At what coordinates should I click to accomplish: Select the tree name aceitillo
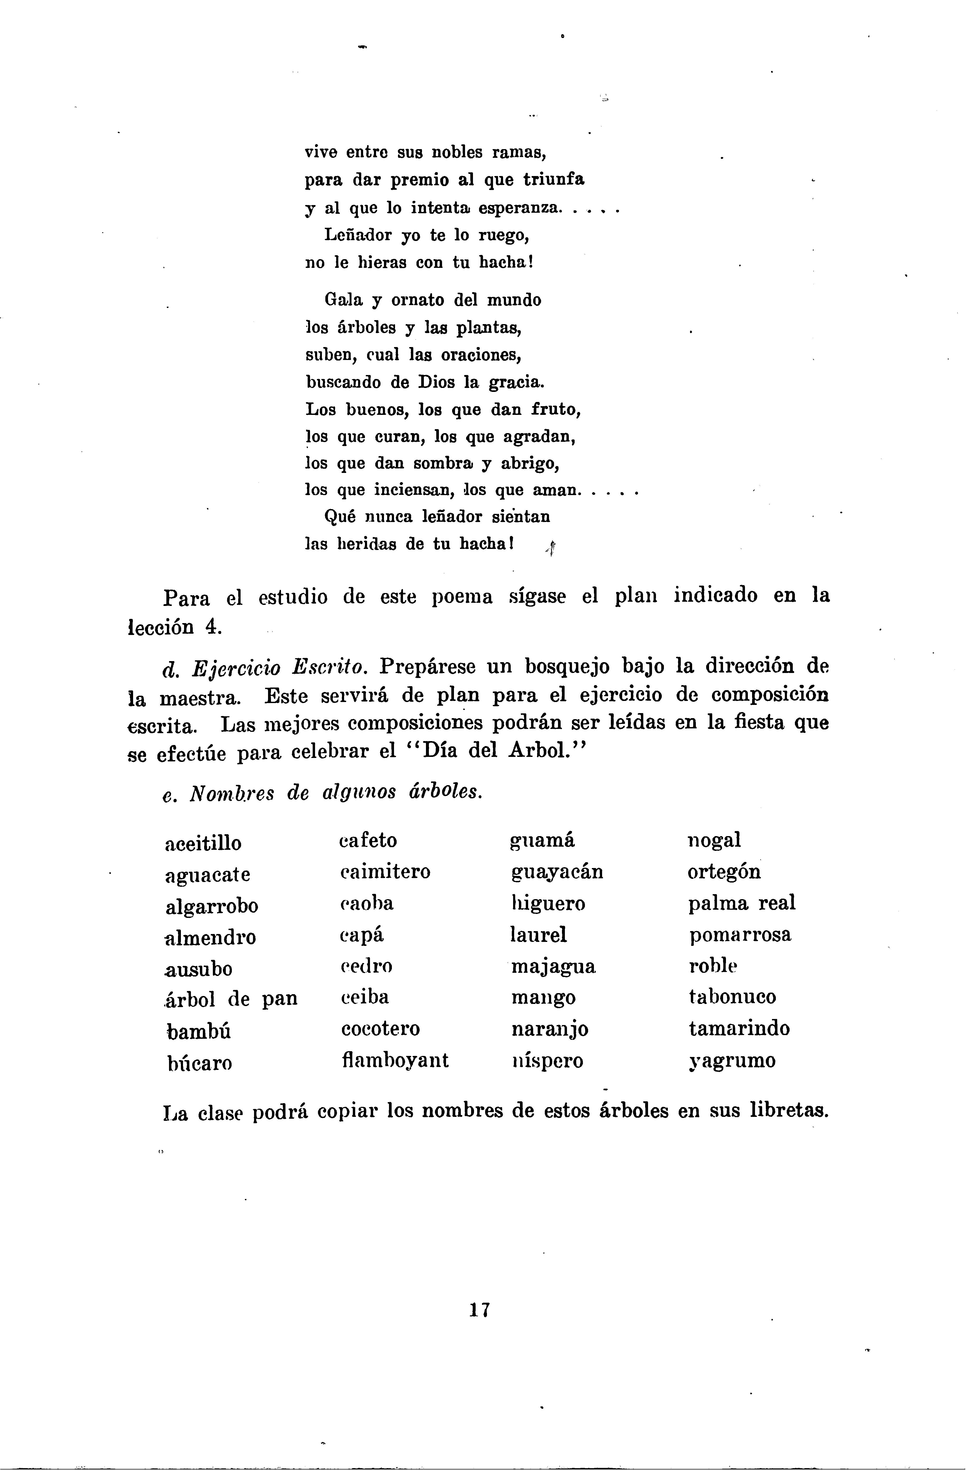click(203, 843)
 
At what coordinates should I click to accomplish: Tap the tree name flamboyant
click(394, 1060)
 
